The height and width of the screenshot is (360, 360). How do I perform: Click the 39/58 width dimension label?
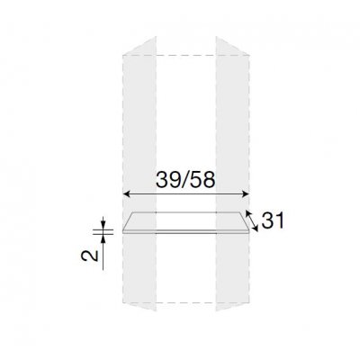(x=185, y=181)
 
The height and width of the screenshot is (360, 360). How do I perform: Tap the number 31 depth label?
(x=273, y=220)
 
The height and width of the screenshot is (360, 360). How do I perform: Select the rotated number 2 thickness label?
(x=89, y=256)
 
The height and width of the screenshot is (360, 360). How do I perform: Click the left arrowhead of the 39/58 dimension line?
(x=126, y=194)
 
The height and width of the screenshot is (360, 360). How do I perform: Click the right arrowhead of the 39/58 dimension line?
(x=246, y=194)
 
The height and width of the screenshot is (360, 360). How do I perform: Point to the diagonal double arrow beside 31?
(x=252, y=221)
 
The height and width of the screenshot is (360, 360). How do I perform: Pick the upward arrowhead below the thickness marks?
(x=103, y=238)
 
